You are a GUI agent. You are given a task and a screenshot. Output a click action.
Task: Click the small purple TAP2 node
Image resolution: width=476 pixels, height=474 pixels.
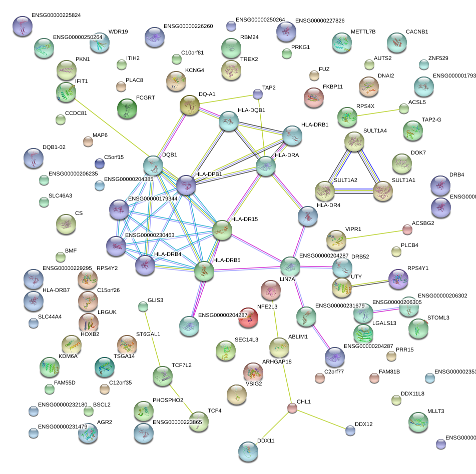coord(257,93)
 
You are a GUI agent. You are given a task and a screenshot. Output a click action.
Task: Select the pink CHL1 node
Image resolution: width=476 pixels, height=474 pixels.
coord(292,408)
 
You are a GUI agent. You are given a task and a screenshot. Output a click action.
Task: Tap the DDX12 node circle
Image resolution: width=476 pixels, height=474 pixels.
coord(350,430)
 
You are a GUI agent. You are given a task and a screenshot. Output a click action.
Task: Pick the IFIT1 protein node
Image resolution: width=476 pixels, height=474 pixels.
coord(66,91)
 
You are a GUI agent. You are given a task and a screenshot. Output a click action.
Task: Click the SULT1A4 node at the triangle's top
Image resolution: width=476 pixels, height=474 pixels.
coord(354,142)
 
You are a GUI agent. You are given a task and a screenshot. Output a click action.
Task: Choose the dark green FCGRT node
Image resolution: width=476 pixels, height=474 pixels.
coord(127,108)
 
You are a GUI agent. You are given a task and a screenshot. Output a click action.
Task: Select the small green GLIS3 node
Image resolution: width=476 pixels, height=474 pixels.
coord(143,306)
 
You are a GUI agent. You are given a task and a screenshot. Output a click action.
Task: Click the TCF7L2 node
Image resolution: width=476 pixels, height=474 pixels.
coord(162,375)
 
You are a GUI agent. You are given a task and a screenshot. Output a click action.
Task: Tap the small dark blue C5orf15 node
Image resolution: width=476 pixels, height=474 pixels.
coord(100,163)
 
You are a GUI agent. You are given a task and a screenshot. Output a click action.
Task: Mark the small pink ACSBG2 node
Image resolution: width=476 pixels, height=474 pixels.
coord(407,229)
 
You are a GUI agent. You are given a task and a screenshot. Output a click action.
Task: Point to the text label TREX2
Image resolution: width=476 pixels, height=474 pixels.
coord(249,59)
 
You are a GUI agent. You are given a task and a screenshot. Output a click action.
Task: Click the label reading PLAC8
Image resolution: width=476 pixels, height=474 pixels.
coord(134,80)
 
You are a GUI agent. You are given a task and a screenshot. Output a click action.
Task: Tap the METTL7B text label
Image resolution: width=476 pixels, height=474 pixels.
coord(363,32)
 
